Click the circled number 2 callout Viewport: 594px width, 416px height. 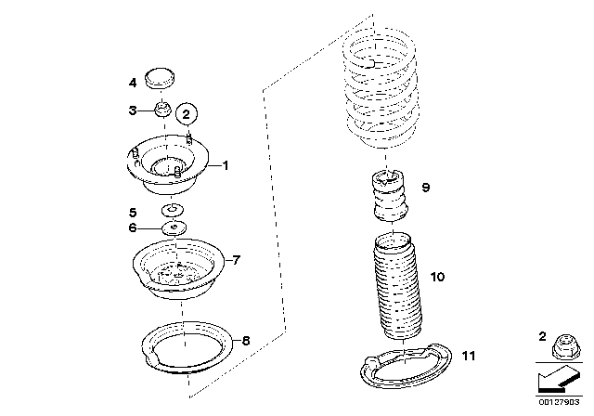pos(187,113)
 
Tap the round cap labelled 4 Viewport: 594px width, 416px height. pos(161,79)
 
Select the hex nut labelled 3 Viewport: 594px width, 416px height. pos(163,110)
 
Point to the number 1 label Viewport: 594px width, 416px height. pos(226,165)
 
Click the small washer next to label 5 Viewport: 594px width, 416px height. pos(173,210)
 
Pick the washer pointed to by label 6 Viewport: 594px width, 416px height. pos(174,227)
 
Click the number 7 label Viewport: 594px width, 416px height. pos(236,260)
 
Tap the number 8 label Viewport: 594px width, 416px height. pos(246,341)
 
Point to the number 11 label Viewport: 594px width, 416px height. pos(469,357)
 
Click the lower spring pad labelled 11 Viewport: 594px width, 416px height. pos(407,365)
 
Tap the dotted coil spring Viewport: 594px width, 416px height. pos(381,86)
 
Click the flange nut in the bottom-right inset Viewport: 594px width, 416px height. pos(565,346)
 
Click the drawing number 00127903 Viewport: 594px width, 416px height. pos(559,402)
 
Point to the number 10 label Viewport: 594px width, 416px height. pos(437,277)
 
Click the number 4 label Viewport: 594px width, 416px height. pos(133,83)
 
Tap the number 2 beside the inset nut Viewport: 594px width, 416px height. pos(542,336)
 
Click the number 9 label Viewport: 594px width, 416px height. pos(426,188)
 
